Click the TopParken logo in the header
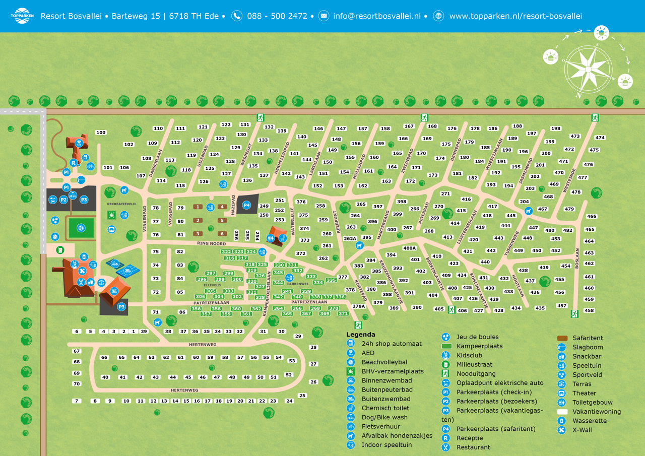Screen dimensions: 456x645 [x=22, y=16]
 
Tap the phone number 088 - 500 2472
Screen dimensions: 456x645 [x=277, y=16]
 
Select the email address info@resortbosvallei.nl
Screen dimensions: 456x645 [x=376, y=16]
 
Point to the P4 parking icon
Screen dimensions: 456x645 [x=246, y=205]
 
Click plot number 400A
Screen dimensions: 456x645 [x=410, y=248]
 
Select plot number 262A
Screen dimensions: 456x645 [x=350, y=238]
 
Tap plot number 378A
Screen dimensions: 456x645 [x=358, y=306]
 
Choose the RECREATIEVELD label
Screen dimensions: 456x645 [x=121, y=204]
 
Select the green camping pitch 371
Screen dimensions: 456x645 [x=343, y=313]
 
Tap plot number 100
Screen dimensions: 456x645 [x=101, y=133]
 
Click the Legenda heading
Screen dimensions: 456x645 [x=361, y=335]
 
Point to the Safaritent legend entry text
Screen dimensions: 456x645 [x=588, y=338]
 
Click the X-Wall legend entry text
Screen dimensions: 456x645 [x=582, y=430]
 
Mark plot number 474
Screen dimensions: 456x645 [x=600, y=138]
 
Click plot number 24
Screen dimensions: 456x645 [x=289, y=401]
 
